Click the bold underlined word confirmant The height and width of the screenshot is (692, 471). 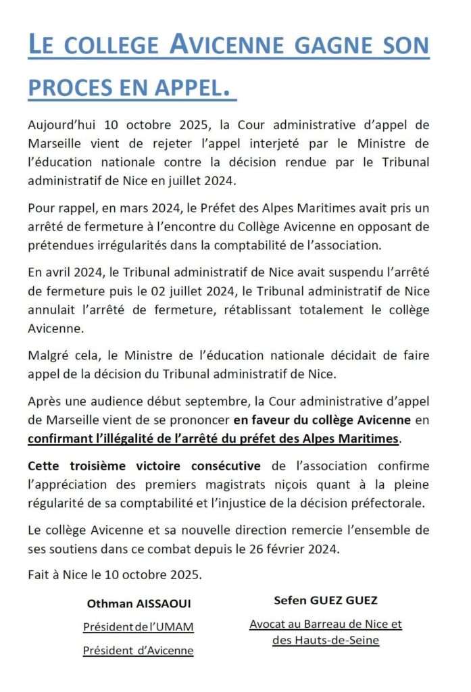(x=61, y=438)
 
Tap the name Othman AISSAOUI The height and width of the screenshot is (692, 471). (x=138, y=603)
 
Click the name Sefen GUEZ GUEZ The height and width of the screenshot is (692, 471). (x=325, y=600)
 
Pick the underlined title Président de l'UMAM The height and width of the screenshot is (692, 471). (x=138, y=627)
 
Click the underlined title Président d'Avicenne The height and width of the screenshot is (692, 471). (x=138, y=651)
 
